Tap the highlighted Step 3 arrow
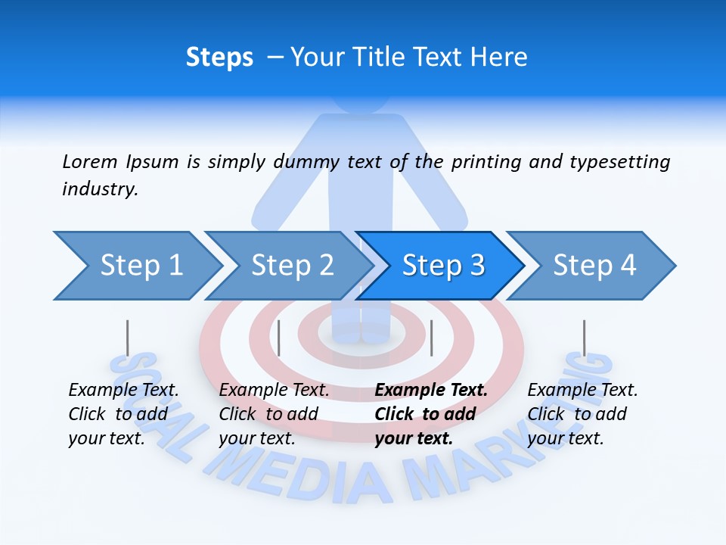point(443,266)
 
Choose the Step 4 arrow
point(594,266)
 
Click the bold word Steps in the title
point(219,58)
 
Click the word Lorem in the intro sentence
point(90,161)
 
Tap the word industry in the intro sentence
point(100,189)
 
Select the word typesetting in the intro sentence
point(619,162)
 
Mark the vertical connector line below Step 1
point(128,338)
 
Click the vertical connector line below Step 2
point(279,338)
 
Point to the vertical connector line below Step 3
point(431,338)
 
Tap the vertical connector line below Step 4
point(584,338)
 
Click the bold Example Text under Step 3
point(431,391)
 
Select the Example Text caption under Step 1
point(124,391)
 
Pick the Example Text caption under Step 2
point(275,391)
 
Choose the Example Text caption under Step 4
point(583,391)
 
